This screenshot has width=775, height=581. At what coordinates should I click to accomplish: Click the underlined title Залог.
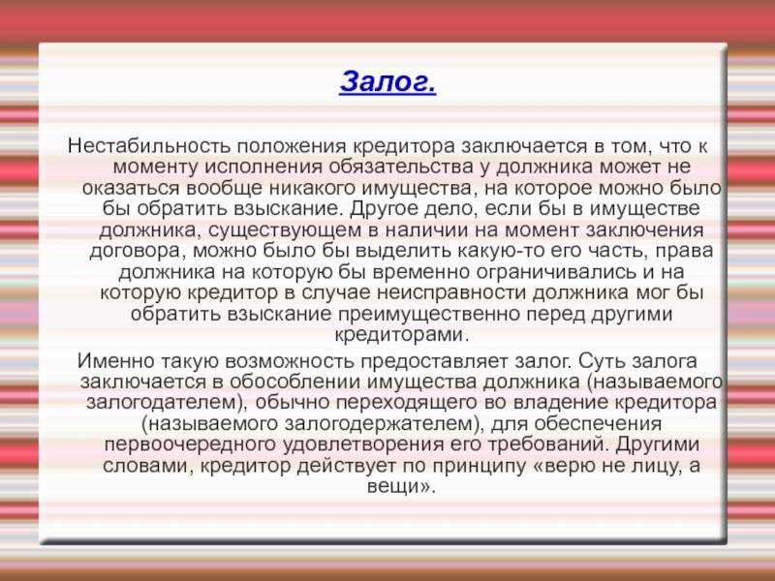pos(388,81)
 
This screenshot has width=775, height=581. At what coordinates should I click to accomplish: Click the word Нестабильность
pos(149,146)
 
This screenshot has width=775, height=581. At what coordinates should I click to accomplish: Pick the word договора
pos(138,251)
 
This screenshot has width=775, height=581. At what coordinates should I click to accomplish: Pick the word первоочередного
pos(190,444)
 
